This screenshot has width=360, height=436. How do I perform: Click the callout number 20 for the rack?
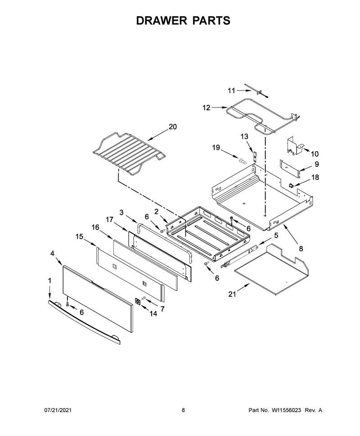[x=173, y=127]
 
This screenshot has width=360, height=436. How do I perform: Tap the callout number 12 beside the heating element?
[x=206, y=107]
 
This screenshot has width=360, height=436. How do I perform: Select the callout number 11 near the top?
[x=231, y=91]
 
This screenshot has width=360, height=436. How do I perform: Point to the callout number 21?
[x=232, y=294]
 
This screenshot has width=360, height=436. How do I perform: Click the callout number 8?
[x=301, y=249]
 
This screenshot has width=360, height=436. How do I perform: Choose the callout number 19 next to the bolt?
[x=216, y=147]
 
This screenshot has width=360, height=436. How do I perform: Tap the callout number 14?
[x=153, y=314]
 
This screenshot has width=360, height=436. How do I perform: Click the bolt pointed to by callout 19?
[x=242, y=160]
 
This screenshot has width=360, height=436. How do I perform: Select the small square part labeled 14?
[x=138, y=301]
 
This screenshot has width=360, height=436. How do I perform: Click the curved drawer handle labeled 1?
[x=84, y=323]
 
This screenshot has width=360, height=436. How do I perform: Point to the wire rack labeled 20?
[x=129, y=153]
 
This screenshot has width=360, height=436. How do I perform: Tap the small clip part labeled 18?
[x=292, y=185]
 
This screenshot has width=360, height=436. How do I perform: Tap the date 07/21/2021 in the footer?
[x=58, y=410]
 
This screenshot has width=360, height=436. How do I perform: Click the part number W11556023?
[x=286, y=410]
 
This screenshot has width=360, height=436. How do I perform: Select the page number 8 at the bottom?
[x=183, y=410]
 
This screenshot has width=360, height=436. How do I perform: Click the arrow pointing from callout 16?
[x=106, y=234]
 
